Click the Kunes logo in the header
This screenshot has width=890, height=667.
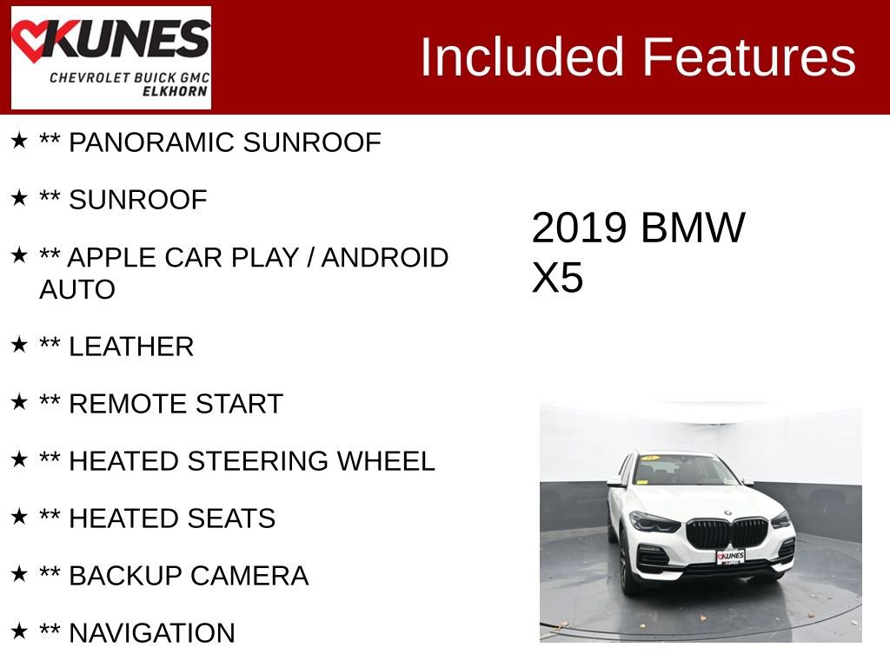(110, 57)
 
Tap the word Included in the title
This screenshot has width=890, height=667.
(522, 57)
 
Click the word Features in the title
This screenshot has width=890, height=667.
(749, 57)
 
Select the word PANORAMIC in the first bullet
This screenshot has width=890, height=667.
(151, 142)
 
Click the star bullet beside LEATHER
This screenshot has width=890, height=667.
(19, 345)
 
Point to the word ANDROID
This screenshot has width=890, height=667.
(385, 258)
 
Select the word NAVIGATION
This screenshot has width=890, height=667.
(152, 633)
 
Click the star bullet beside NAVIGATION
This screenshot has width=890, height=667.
(19, 631)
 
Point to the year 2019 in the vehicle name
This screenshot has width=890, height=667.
(579, 228)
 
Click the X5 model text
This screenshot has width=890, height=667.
(557, 279)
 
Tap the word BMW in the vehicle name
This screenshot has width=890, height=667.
(693, 228)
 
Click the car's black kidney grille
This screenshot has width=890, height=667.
(727, 532)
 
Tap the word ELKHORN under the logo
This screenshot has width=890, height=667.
(175, 91)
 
